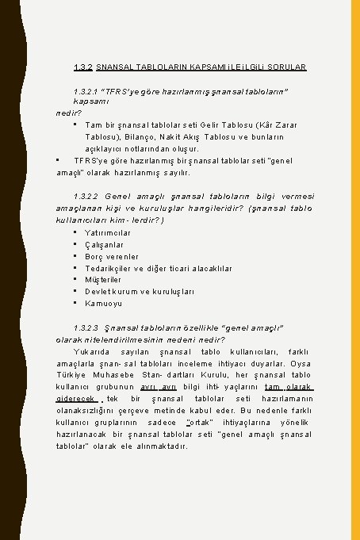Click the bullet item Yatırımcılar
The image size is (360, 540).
click(x=108, y=232)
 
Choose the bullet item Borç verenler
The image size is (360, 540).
click(x=112, y=256)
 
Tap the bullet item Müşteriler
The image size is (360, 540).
click(x=104, y=279)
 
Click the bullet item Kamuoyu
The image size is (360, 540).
click(x=102, y=303)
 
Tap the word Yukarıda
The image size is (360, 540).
click(x=92, y=350)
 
